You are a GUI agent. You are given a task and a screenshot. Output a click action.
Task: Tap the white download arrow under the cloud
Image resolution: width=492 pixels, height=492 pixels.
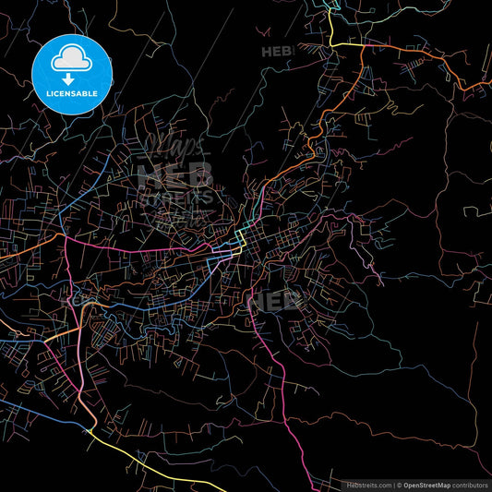tap(72, 80)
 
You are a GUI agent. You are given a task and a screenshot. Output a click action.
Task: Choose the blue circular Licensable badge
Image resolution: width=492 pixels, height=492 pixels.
tap(72, 73)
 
